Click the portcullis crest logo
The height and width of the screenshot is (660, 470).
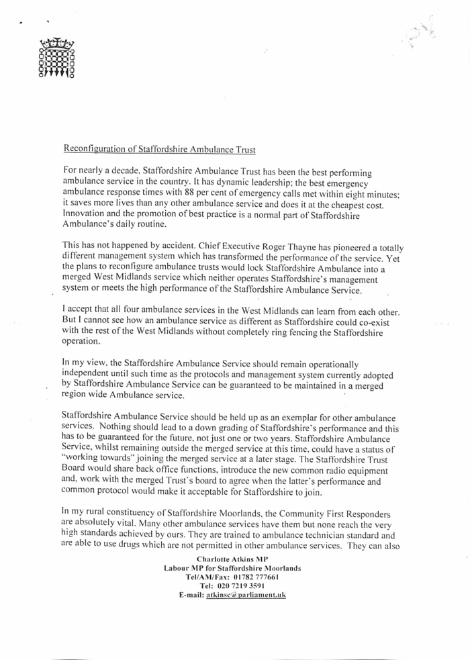(x=57, y=60)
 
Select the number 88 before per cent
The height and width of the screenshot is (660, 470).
(x=202, y=195)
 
